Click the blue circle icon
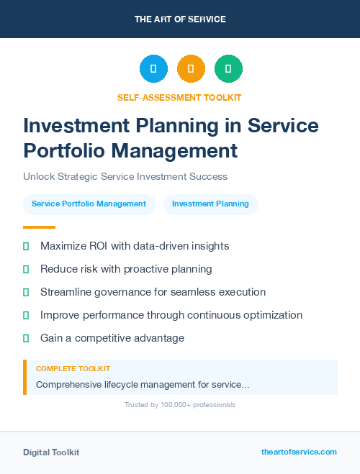click(x=153, y=69)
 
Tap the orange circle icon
click(x=191, y=69)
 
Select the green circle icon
click(x=228, y=69)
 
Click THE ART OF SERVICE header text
click(x=180, y=19)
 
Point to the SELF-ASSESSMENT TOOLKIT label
click(x=179, y=97)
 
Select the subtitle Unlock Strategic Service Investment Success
click(x=125, y=176)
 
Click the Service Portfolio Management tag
click(x=89, y=204)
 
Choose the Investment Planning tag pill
click(x=210, y=204)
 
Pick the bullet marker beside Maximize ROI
click(x=26, y=246)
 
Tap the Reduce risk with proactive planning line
click(x=126, y=269)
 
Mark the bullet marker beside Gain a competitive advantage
click(x=26, y=338)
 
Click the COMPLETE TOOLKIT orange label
click(x=73, y=368)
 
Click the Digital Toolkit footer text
click(x=51, y=452)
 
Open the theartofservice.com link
click(x=299, y=452)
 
